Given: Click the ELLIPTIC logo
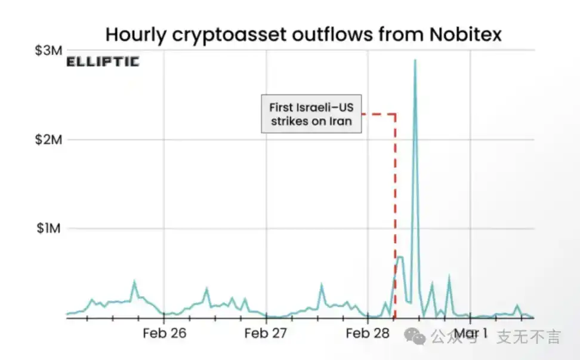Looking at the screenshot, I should click(x=103, y=61).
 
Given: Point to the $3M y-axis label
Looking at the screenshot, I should click(x=47, y=51).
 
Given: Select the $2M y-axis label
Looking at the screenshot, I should click(x=47, y=140).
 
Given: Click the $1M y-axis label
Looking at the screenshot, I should click(x=47, y=229).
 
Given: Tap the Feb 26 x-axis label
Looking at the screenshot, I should click(x=164, y=333).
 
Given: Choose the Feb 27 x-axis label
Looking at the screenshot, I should click(x=266, y=333).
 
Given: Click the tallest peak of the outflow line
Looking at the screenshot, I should click(x=415, y=60).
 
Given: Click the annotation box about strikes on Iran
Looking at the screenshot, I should click(x=311, y=113).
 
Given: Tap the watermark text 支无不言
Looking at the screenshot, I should click(x=529, y=337).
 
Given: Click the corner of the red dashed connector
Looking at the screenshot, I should click(x=395, y=113).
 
